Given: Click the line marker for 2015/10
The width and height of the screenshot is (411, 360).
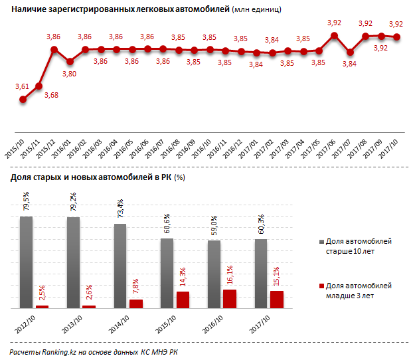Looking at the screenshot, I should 23,99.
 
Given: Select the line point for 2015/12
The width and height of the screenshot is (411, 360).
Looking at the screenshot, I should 54,49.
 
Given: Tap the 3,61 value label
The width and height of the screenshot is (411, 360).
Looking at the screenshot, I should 22,87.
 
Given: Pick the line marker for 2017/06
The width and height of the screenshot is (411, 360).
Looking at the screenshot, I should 335,36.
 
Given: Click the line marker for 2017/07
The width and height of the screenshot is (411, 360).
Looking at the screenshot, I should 350,52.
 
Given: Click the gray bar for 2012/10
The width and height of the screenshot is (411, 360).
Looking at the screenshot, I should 27,262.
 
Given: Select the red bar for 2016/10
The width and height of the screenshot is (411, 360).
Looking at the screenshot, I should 229,299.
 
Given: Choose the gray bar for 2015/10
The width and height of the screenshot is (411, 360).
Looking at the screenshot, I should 167,273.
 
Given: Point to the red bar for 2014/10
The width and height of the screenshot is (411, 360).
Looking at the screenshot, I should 136,304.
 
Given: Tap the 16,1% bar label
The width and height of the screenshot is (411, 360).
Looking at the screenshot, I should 229,276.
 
